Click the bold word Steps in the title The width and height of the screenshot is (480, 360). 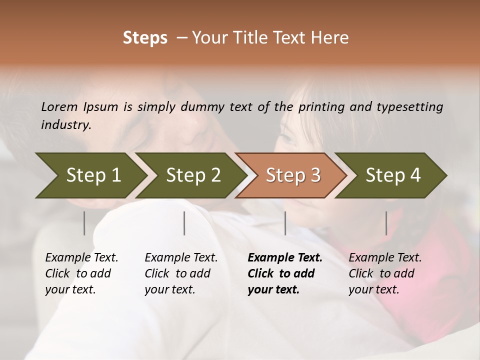pyautogui.click(x=145, y=38)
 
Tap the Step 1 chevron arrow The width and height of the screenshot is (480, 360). pyautogui.click(x=90, y=175)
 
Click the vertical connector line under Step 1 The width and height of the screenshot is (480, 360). pyautogui.click(x=84, y=223)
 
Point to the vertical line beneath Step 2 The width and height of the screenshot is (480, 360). pyautogui.click(x=184, y=223)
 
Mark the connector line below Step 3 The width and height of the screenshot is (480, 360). pyautogui.click(x=285, y=223)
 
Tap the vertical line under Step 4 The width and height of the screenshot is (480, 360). pyautogui.click(x=386, y=223)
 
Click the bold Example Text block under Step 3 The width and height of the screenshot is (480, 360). pyautogui.click(x=285, y=273)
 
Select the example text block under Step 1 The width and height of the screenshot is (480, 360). pyautogui.click(x=81, y=273)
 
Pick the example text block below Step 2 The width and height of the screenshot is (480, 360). pyautogui.click(x=181, y=273)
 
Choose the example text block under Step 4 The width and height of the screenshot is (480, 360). pyautogui.click(x=385, y=273)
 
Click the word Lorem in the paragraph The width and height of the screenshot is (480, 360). pyautogui.click(x=59, y=106)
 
